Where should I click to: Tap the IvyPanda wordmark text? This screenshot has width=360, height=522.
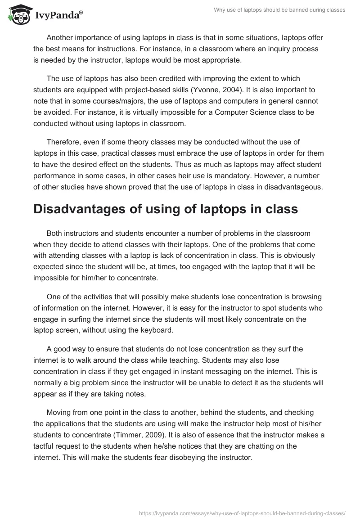pos(58,16)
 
